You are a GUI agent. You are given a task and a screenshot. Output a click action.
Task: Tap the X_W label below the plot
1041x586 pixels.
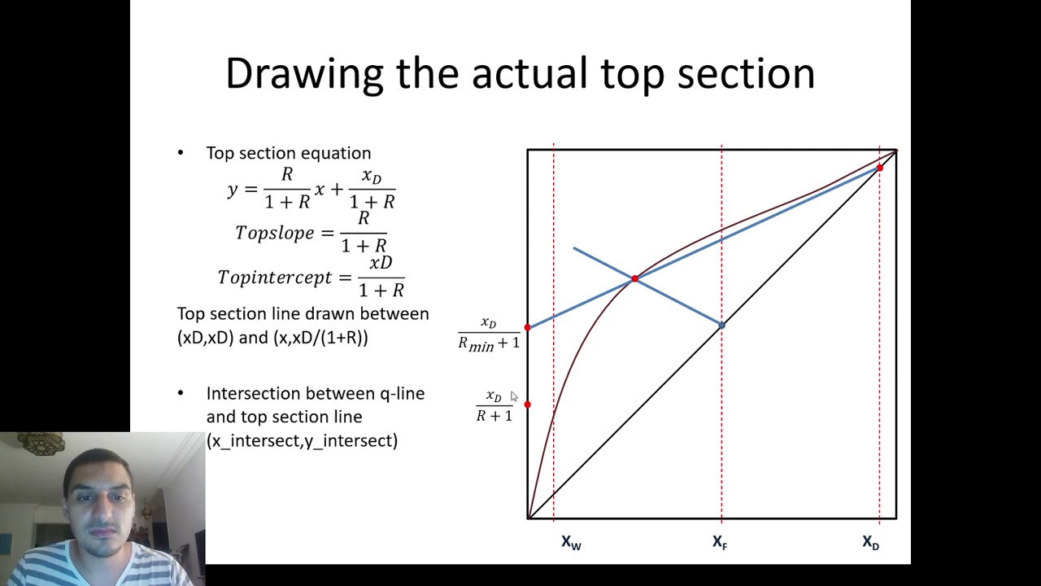(571, 542)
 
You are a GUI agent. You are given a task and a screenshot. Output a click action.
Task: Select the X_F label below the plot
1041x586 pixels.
(720, 542)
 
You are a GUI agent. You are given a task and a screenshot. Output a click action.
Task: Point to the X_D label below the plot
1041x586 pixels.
(870, 542)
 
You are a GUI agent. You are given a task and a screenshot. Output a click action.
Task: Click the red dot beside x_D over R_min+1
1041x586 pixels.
(528, 327)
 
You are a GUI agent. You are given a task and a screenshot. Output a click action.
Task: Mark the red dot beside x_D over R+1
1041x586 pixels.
(528, 404)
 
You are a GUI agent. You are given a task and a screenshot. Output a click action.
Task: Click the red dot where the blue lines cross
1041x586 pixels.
(634, 279)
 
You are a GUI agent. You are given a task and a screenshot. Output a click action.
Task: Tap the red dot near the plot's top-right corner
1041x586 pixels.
(879, 168)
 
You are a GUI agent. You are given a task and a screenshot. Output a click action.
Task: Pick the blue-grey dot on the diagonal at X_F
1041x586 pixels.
(721, 325)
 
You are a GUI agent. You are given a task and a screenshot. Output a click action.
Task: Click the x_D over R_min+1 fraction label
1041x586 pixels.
(488, 334)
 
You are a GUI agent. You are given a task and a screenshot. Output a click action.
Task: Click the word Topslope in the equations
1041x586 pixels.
(274, 233)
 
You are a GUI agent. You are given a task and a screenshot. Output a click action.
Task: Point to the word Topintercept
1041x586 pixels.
(275, 278)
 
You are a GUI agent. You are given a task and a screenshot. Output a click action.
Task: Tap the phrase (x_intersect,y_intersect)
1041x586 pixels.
(302, 440)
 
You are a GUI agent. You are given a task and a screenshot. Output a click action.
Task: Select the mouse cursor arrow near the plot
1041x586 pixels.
(513, 396)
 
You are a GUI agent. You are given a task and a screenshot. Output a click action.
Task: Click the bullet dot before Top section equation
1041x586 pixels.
(181, 153)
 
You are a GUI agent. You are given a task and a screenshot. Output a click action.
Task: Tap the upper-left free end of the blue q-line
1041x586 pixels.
(573, 247)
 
